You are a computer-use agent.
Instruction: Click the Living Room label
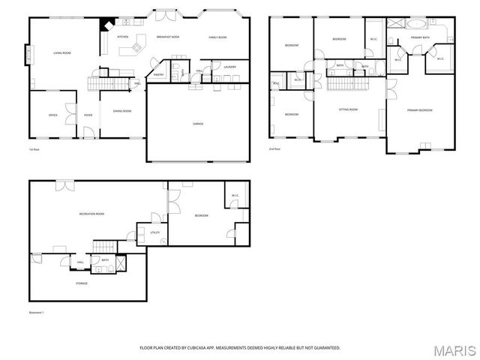pyautogui.click(x=61, y=53)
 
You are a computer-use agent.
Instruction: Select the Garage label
pyautogui.click(x=197, y=124)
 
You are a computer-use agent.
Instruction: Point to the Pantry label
pyautogui.click(x=159, y=74)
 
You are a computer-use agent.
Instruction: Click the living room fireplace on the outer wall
pyautogui.click(x=28, y=55)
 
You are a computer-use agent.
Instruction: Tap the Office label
pyautogui.click(x=53, y=115)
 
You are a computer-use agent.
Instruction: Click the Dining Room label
pyautogui.click(x=121, y=111)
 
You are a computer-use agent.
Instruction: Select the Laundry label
pyautogui.click(x=230, y=67)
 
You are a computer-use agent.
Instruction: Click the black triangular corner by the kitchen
pyautogui.click(x=107, y=23)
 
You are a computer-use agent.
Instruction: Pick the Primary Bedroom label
pyautogui.click(x=420, y=110)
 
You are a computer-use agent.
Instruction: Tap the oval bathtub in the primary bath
pyautogui.click(x=415, y=22)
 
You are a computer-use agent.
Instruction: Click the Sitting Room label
pyautogui.click(x=348, y=109)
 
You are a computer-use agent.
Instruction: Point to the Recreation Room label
pyautogui.click(x=91, y=214)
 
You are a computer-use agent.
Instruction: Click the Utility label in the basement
pyautogui.click(x=155, y=232)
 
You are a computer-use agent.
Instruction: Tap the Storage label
pyautogui.click(x=81, y=283)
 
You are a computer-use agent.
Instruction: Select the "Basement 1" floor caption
pyautogui.click(x=37, y=312)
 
